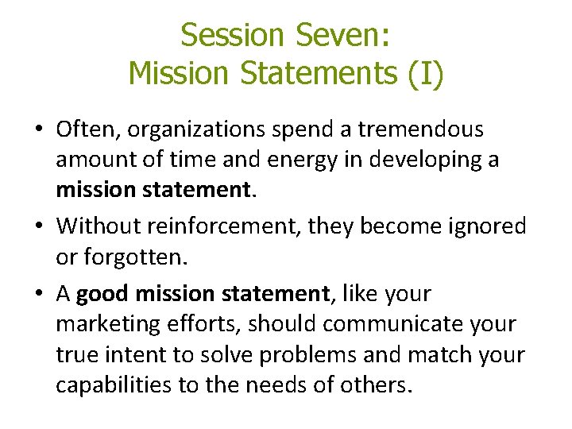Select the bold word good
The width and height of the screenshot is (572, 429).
[103, 294]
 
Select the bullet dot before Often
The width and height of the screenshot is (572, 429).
[40, 129]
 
